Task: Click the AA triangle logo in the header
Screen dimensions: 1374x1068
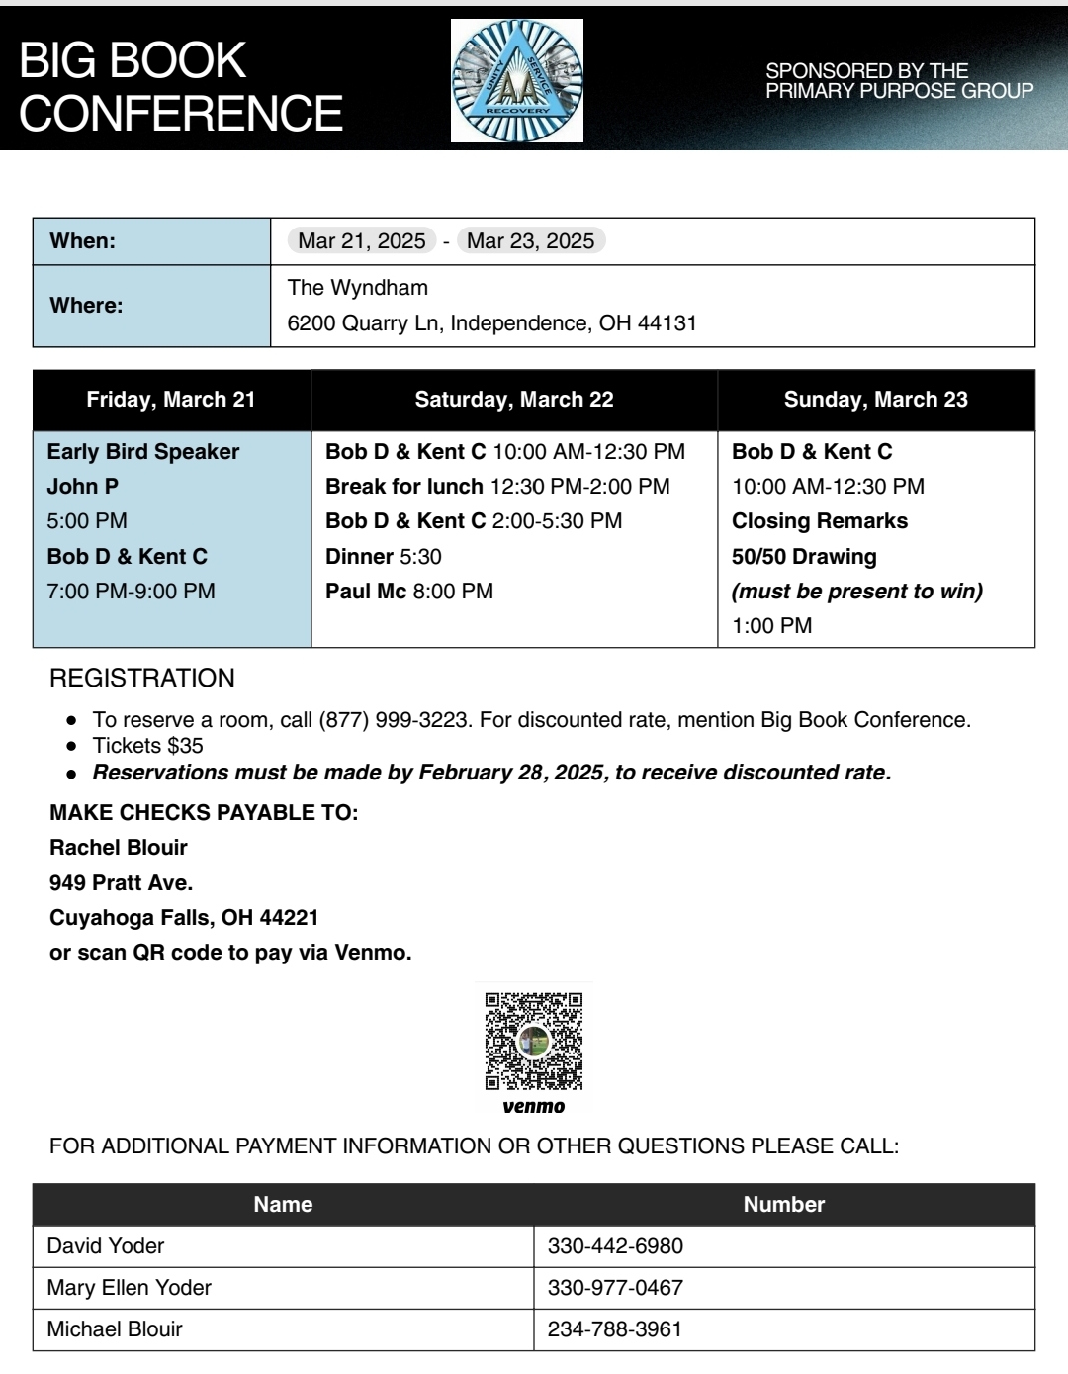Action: click(517, 81)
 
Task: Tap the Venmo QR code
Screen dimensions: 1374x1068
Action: click(534, 1041)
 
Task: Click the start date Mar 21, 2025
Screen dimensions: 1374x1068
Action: click(362, 241)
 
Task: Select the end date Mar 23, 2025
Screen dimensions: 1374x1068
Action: click(530, 241)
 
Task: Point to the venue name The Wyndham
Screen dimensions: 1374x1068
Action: click(358, 288)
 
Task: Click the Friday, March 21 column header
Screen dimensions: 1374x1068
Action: click(171, 400)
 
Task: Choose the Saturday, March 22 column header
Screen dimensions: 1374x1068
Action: click(514, 400)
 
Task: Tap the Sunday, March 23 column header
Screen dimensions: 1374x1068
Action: click(875, 400)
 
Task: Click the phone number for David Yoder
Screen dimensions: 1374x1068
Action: click(615, 1246)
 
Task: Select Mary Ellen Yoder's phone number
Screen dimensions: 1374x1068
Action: click(615, 1288)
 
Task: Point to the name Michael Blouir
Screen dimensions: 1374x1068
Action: click(115, 1329)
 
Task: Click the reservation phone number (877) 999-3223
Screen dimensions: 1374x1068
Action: click(394, 720)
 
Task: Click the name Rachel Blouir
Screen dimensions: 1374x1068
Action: click(119, 848)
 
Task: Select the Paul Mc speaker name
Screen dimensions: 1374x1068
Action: click(366, 592)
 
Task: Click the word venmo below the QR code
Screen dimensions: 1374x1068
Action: click(534, 1107)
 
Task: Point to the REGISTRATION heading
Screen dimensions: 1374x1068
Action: click(142, 679)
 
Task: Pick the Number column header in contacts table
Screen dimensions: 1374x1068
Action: click(784, 1205)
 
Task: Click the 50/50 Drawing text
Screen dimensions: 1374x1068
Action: click(804, 557)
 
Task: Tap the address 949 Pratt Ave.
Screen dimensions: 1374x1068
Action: click(122, 882)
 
